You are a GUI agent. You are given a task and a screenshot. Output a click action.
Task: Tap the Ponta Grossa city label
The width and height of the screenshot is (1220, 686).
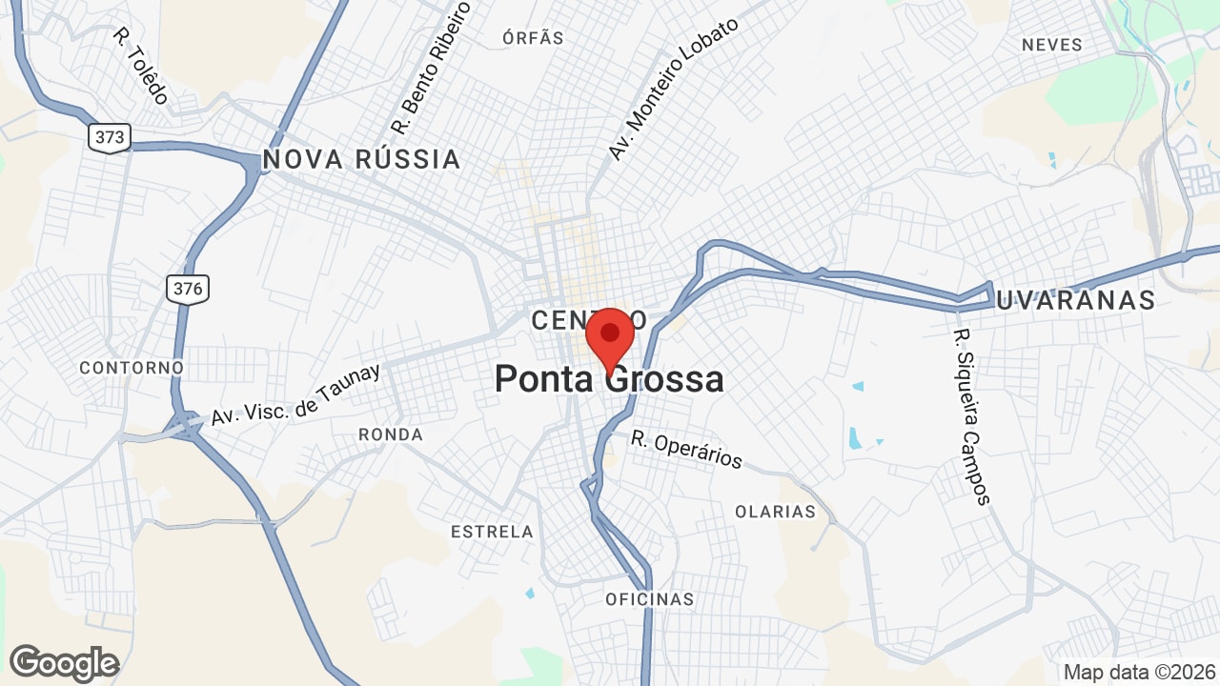pos(609,380)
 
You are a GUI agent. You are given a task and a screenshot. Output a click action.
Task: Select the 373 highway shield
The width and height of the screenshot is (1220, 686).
pos(110,137)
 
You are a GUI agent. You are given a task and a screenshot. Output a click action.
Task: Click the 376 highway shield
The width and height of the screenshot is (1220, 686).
pos(188,288)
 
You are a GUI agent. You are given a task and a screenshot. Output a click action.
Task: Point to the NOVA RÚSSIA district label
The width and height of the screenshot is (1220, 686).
pos(361,159)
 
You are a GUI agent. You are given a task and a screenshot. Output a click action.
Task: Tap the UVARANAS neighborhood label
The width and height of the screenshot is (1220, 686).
pos(1075,301)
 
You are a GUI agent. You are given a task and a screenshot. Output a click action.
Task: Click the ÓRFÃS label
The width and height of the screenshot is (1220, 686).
pos(533,38)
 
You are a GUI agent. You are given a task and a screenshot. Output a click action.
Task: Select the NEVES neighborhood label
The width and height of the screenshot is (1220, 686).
pos(1052,45)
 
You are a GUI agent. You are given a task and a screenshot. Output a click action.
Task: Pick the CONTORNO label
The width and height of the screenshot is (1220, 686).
pos(132,368)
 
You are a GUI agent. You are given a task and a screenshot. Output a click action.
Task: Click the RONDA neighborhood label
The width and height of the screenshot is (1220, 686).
pos(391,434)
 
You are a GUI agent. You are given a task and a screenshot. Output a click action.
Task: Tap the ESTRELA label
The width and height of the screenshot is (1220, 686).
pos(492,532)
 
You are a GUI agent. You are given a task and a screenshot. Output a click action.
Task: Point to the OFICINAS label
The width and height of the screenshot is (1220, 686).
pos(650,599)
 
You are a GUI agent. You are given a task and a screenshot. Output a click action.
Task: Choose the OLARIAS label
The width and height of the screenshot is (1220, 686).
pos(775,512)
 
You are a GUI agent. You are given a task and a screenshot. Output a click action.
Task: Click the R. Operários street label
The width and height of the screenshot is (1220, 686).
pos(686,450)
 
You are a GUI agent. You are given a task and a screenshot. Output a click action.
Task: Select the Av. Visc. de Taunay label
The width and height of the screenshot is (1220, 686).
pos(295,394)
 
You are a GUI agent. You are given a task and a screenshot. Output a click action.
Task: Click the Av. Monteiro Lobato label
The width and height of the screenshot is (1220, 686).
pos(673,90)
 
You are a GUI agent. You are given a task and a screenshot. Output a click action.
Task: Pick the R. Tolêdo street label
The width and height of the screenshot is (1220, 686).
pos(141,65)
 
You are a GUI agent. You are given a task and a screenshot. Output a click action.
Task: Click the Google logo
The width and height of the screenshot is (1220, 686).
pos(64,663)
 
